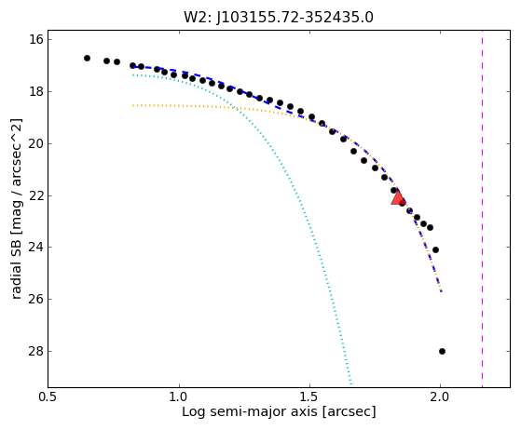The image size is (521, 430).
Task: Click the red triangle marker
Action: click(x=397, y=197)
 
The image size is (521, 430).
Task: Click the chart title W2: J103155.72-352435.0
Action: click(x=279, y=17)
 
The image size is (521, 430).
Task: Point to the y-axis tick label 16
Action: click(x=36, y=39)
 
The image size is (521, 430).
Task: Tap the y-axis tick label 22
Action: click(x=36, y=195)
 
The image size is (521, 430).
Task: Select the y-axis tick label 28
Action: click(x=36, y=351)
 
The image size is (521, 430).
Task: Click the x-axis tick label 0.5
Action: click(x=48, y=396)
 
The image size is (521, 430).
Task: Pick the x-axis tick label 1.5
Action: click(x=309, y=396)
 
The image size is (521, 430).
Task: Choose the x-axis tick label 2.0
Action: click(x=440, y=396)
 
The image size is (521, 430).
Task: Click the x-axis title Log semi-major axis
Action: click(x=251, y=411)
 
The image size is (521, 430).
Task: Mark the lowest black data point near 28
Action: click(x=442, y=352)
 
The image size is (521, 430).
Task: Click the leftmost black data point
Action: click(x=87, y=58)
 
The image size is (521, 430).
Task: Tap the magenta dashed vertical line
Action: click(x=482, y=208)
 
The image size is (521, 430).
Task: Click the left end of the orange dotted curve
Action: click(x=133, y=105)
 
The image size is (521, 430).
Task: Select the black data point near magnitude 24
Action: click(x=435, y=249)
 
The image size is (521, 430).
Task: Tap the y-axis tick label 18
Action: click(x=36, y=91)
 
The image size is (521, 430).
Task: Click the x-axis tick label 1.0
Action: click(x=179, y=396)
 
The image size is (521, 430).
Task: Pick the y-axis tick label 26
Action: click(x=36, y=299)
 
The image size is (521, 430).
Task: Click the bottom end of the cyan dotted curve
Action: click(x=351, y=385)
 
